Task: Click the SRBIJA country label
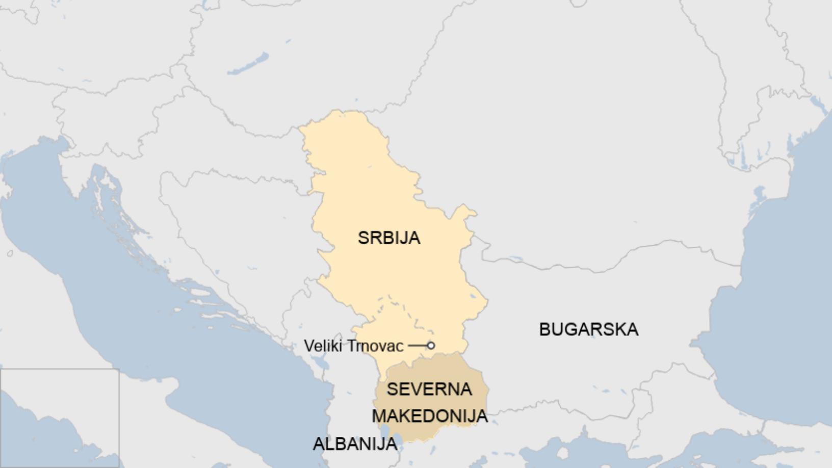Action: pyautogui.click(x=389, y=238)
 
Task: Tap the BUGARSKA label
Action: pyautogui.click(x=588, y=329)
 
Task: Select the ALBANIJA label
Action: pyautogui.click(x=355, y=444)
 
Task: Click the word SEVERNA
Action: pyautogui.click(x=429, y=389)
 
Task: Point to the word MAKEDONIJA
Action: pyautogui.click(x=429, y=416)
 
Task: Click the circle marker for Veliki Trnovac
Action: pyautogui.click(x=431, y=346)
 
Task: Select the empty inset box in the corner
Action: pyautogui.click(x=59, y=418)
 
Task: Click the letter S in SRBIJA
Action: pyautogui.click(x=362, y=238)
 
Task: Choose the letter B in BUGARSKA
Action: pyautogui.click(x=544, y=329)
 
